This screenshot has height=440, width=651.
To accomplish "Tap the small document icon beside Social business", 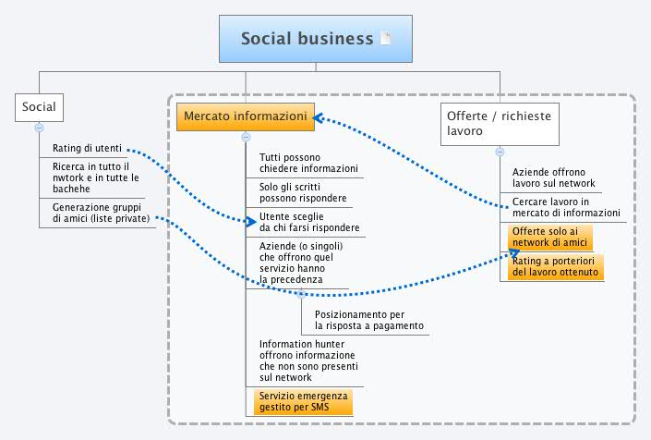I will coord(385,39).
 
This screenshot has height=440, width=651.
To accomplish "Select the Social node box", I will coord(39,107).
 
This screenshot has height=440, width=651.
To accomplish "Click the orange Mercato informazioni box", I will coord(244,116).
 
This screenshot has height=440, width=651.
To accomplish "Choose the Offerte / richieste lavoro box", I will coord(499,124).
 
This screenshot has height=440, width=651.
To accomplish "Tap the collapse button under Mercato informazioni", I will coord(246,137).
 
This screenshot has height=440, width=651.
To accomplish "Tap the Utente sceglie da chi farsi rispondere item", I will coord(309,222).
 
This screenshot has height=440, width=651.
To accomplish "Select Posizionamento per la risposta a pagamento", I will coord(368,320).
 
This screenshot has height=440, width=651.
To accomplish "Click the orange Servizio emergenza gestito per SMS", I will coord(304,401).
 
